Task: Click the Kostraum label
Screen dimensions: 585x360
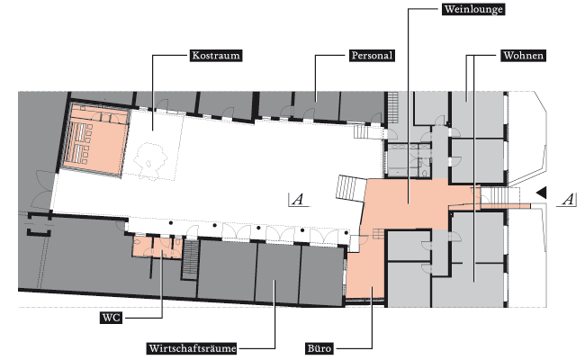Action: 216,56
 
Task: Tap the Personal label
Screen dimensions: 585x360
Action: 372,56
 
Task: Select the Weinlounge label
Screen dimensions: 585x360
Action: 473,9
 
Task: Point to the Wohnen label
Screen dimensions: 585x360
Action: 523,56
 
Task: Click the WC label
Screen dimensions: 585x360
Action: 112,318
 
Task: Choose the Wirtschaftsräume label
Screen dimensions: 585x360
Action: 192,348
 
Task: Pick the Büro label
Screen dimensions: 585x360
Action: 319,348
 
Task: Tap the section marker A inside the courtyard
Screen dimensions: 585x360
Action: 298,200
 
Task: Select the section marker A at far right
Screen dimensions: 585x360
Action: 568,200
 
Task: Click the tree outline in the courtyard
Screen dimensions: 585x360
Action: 150,160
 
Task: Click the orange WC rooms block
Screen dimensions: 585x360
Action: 157,247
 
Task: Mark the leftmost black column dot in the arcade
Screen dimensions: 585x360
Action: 171,223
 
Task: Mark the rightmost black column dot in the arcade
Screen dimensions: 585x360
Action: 346,233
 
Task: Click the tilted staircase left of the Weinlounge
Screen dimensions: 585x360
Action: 351,188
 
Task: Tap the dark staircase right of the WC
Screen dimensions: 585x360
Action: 190,259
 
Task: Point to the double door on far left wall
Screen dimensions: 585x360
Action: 43,190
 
